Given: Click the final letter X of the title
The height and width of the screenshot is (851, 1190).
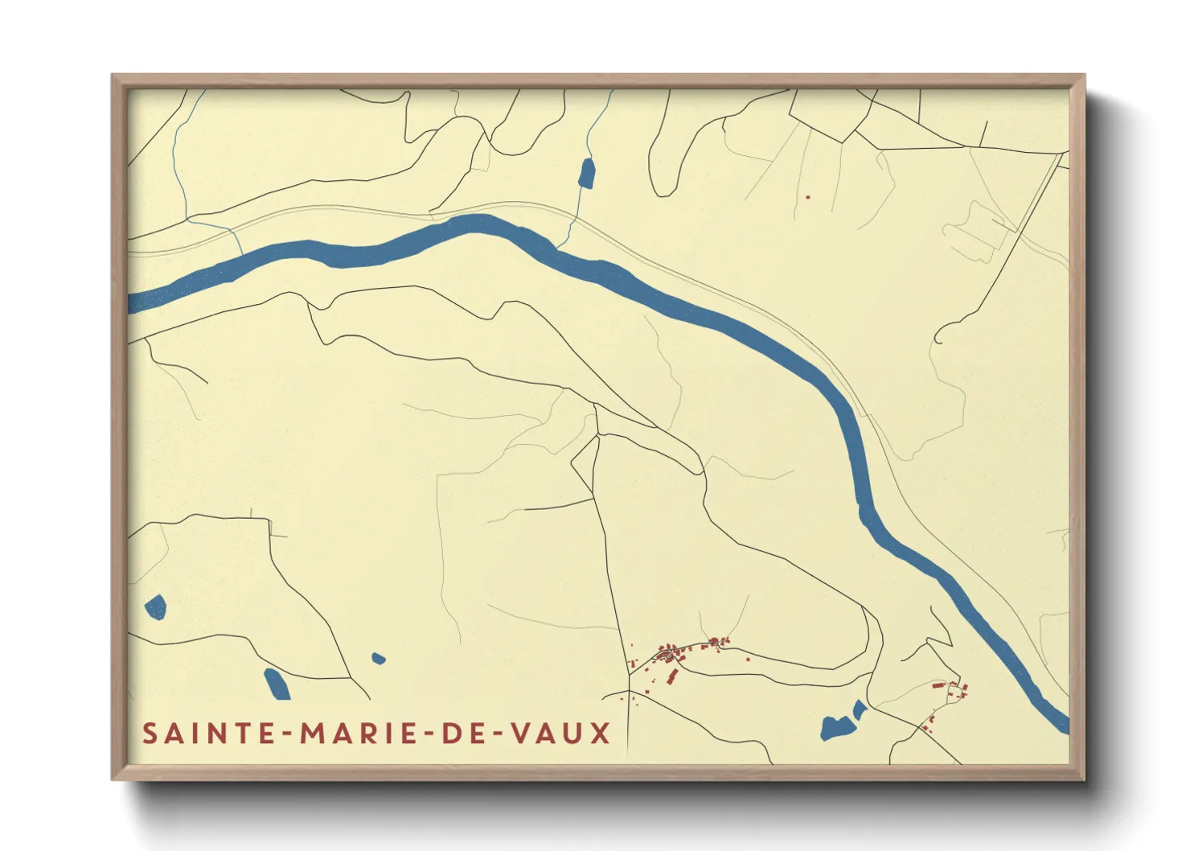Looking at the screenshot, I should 601,734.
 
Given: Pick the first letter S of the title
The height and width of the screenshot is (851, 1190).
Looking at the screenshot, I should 150,734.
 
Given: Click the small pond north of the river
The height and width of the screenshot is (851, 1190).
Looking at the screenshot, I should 587,174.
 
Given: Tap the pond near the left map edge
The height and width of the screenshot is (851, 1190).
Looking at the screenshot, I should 155,606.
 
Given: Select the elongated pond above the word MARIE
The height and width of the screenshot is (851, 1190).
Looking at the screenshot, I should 277,684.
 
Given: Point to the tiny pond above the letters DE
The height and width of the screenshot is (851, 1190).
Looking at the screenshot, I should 378,659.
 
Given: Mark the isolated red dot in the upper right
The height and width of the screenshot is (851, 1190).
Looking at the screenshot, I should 808,197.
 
